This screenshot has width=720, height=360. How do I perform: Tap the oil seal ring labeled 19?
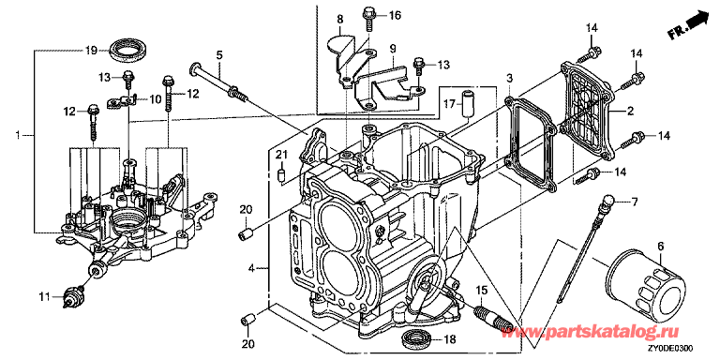pyautogui.click(x=128, y=50)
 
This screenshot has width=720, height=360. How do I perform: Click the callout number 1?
pyautogui.click(x=19, y=135)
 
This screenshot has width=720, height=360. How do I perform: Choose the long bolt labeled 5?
pyautogui.click(x=219, y=81)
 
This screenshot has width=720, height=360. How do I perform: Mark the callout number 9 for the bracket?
pyautogui.click(x=393, y=47)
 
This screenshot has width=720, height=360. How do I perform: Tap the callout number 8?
pyautogui.click(x=340, y=20)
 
